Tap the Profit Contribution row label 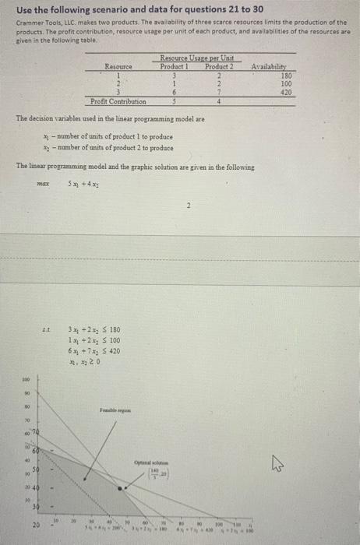click(118, 101)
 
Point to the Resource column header click(118, 67)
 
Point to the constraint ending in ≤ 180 click(94, 329)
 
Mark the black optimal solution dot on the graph click(119, 489)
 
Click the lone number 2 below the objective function click(189, 206)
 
